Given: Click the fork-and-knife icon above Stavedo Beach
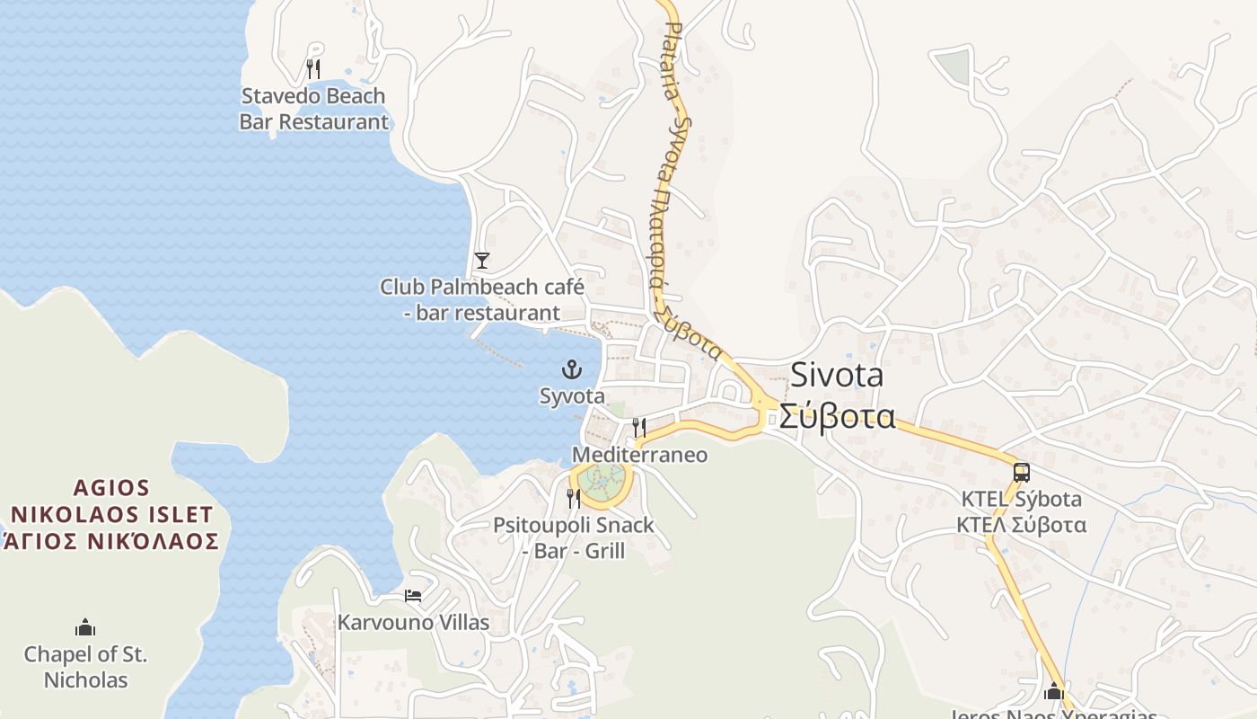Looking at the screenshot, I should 313,68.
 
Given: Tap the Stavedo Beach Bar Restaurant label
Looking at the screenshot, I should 313,109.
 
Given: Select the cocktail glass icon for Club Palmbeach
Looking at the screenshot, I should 482,261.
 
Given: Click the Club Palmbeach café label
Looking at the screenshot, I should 482,299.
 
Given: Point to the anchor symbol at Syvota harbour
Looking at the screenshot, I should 571,368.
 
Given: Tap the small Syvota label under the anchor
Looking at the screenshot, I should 572,395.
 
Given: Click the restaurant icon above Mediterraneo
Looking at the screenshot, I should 639,427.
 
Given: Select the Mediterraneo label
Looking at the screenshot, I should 639,455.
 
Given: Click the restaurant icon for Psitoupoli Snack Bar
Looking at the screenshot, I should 573,498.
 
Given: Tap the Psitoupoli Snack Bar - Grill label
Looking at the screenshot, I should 573,537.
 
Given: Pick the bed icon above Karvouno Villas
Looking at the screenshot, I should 413,595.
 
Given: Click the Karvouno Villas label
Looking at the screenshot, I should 413,622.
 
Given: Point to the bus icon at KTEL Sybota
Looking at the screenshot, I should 1021,472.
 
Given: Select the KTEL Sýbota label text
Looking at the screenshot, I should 1021,499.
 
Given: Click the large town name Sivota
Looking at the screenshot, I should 837,376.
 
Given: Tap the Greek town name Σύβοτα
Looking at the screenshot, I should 837,416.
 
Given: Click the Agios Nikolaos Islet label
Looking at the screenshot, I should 111,514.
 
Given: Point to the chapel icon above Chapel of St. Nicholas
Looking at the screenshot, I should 85,626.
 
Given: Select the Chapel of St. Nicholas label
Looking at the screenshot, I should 85,667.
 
